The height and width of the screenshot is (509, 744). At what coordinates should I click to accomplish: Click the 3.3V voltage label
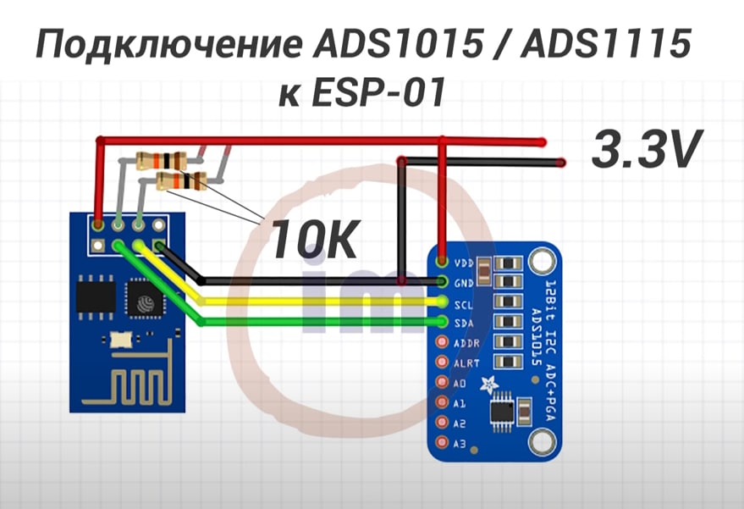coord(648,150)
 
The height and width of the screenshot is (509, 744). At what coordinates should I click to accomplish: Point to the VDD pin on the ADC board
coord(441,263)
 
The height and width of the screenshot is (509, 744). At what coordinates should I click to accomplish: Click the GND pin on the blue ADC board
coord(441,282)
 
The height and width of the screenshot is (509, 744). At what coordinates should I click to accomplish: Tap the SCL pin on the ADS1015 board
coord(441,302)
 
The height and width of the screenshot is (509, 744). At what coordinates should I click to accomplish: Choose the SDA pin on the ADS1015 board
coord(441,322)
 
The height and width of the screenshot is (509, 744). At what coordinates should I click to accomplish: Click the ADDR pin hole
coord(441,342)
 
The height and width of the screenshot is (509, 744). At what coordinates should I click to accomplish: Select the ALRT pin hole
coord(441,362)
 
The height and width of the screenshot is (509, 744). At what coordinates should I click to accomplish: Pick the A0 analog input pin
coord(441,383)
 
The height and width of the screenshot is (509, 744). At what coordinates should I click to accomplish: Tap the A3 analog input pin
coord(441,442)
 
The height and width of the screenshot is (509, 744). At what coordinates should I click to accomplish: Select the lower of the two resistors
coord(182,179)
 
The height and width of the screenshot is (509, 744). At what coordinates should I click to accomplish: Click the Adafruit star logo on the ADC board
coord(488,386)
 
